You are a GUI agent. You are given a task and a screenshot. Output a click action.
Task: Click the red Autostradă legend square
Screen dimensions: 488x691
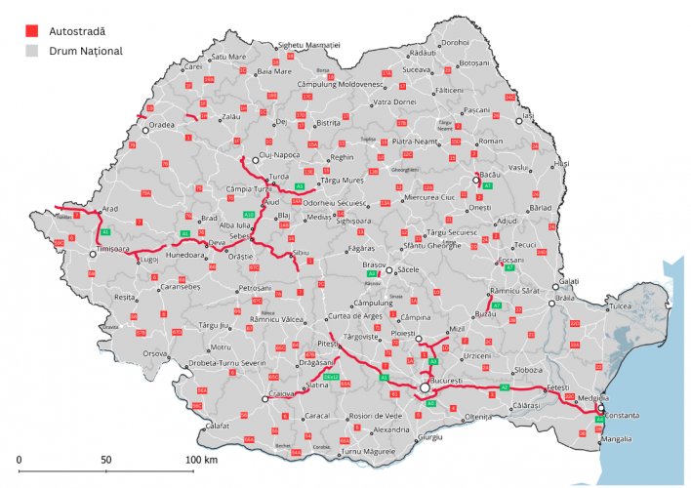click(32, 31)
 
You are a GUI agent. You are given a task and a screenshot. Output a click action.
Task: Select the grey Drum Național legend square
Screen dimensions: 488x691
click(32, 50)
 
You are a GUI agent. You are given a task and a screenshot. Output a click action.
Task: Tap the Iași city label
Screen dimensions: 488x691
click(530, 117)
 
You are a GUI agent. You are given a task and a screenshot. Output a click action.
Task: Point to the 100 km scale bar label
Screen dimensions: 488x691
click(202, 459)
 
